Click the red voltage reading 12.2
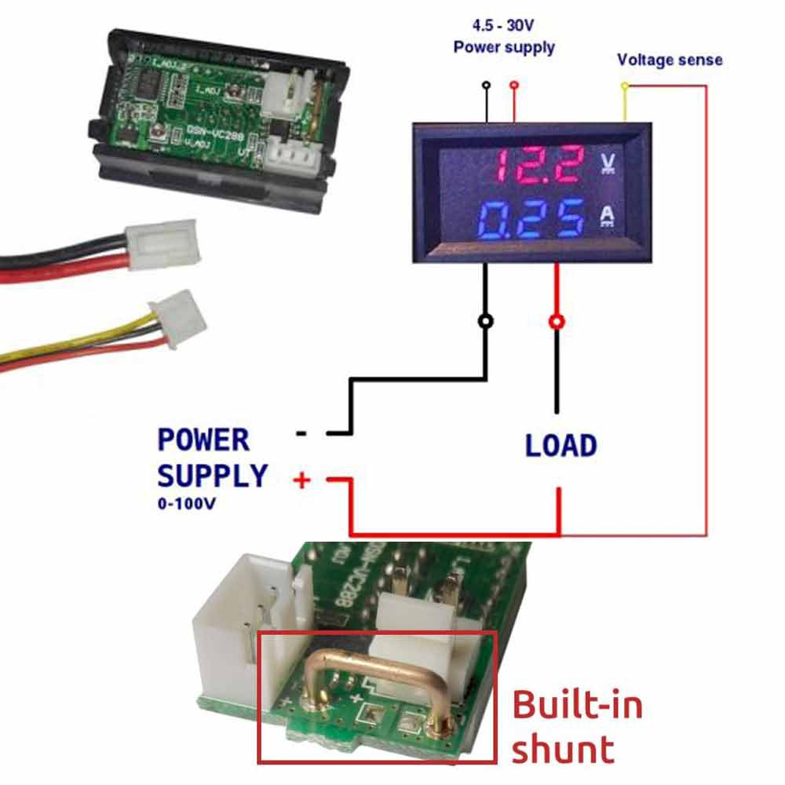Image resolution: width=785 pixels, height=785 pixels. (x=539, y=164)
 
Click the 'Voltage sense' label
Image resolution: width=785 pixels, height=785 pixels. (x=670, y=60)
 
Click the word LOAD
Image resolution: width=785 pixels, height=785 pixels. (x=560, y=446)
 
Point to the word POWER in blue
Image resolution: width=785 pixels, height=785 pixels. (x=203, y=440)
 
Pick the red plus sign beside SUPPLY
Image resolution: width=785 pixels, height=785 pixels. (x=301, y=479)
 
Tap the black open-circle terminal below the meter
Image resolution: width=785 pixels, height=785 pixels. (x=486, y=321)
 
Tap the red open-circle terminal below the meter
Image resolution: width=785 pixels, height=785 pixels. (x=557, y=321)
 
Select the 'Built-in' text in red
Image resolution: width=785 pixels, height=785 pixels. (x=577, y=705)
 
